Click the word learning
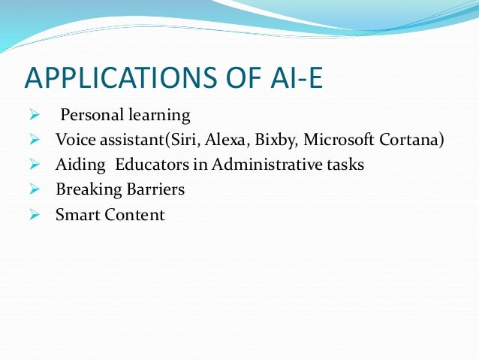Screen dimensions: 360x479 point(160,116)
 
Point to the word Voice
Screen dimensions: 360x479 point(74,141)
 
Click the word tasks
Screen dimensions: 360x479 point(344,165)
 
